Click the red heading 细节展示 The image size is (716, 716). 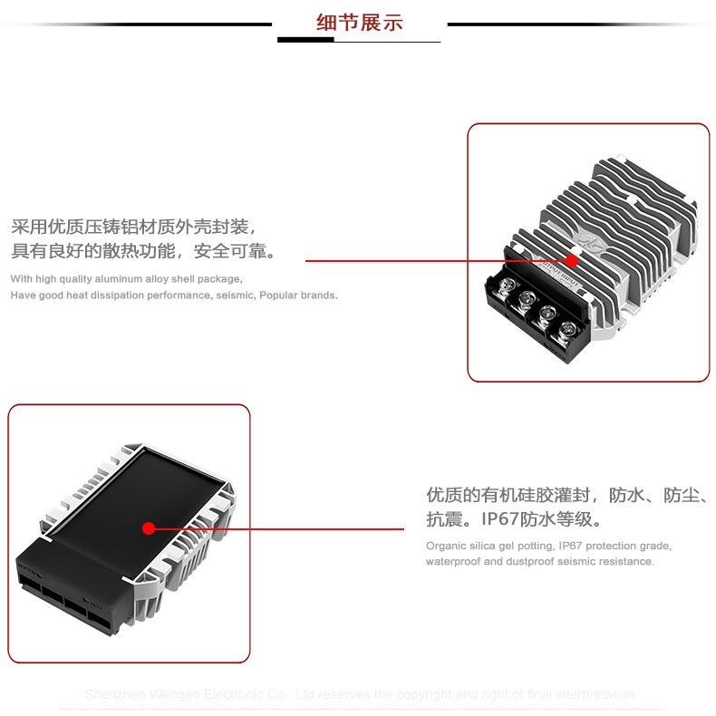(x=359, y=22)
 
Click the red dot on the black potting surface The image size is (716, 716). (x=150, y=528)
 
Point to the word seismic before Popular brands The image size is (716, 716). (x=237, y=295)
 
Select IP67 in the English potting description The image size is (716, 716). (x=572, y=546)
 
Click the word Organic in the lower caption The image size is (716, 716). (x=444, y=546)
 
